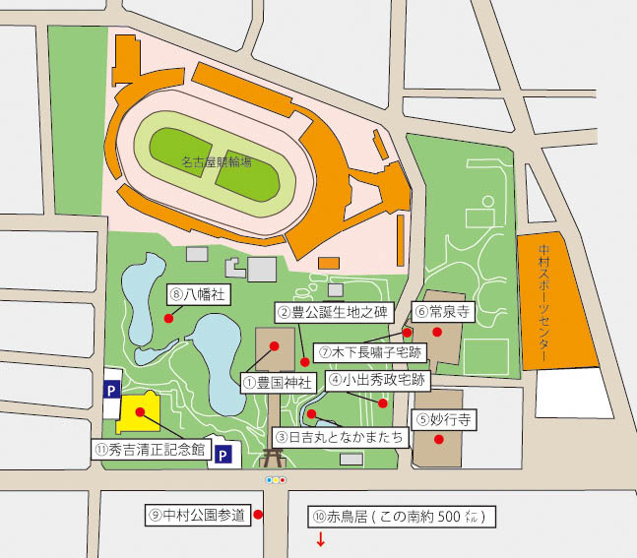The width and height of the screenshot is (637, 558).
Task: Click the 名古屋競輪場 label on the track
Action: (217, 161)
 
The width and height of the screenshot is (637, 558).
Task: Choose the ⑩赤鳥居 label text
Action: (401, 516)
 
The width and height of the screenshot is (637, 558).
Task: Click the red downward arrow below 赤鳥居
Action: (320, 539)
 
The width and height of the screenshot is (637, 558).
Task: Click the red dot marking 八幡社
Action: (168, 318)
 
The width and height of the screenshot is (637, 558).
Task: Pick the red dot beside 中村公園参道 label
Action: (258, 514)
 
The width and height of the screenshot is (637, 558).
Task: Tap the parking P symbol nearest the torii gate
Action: (223, 455)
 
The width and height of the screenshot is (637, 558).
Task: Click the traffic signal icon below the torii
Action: (276, 480)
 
